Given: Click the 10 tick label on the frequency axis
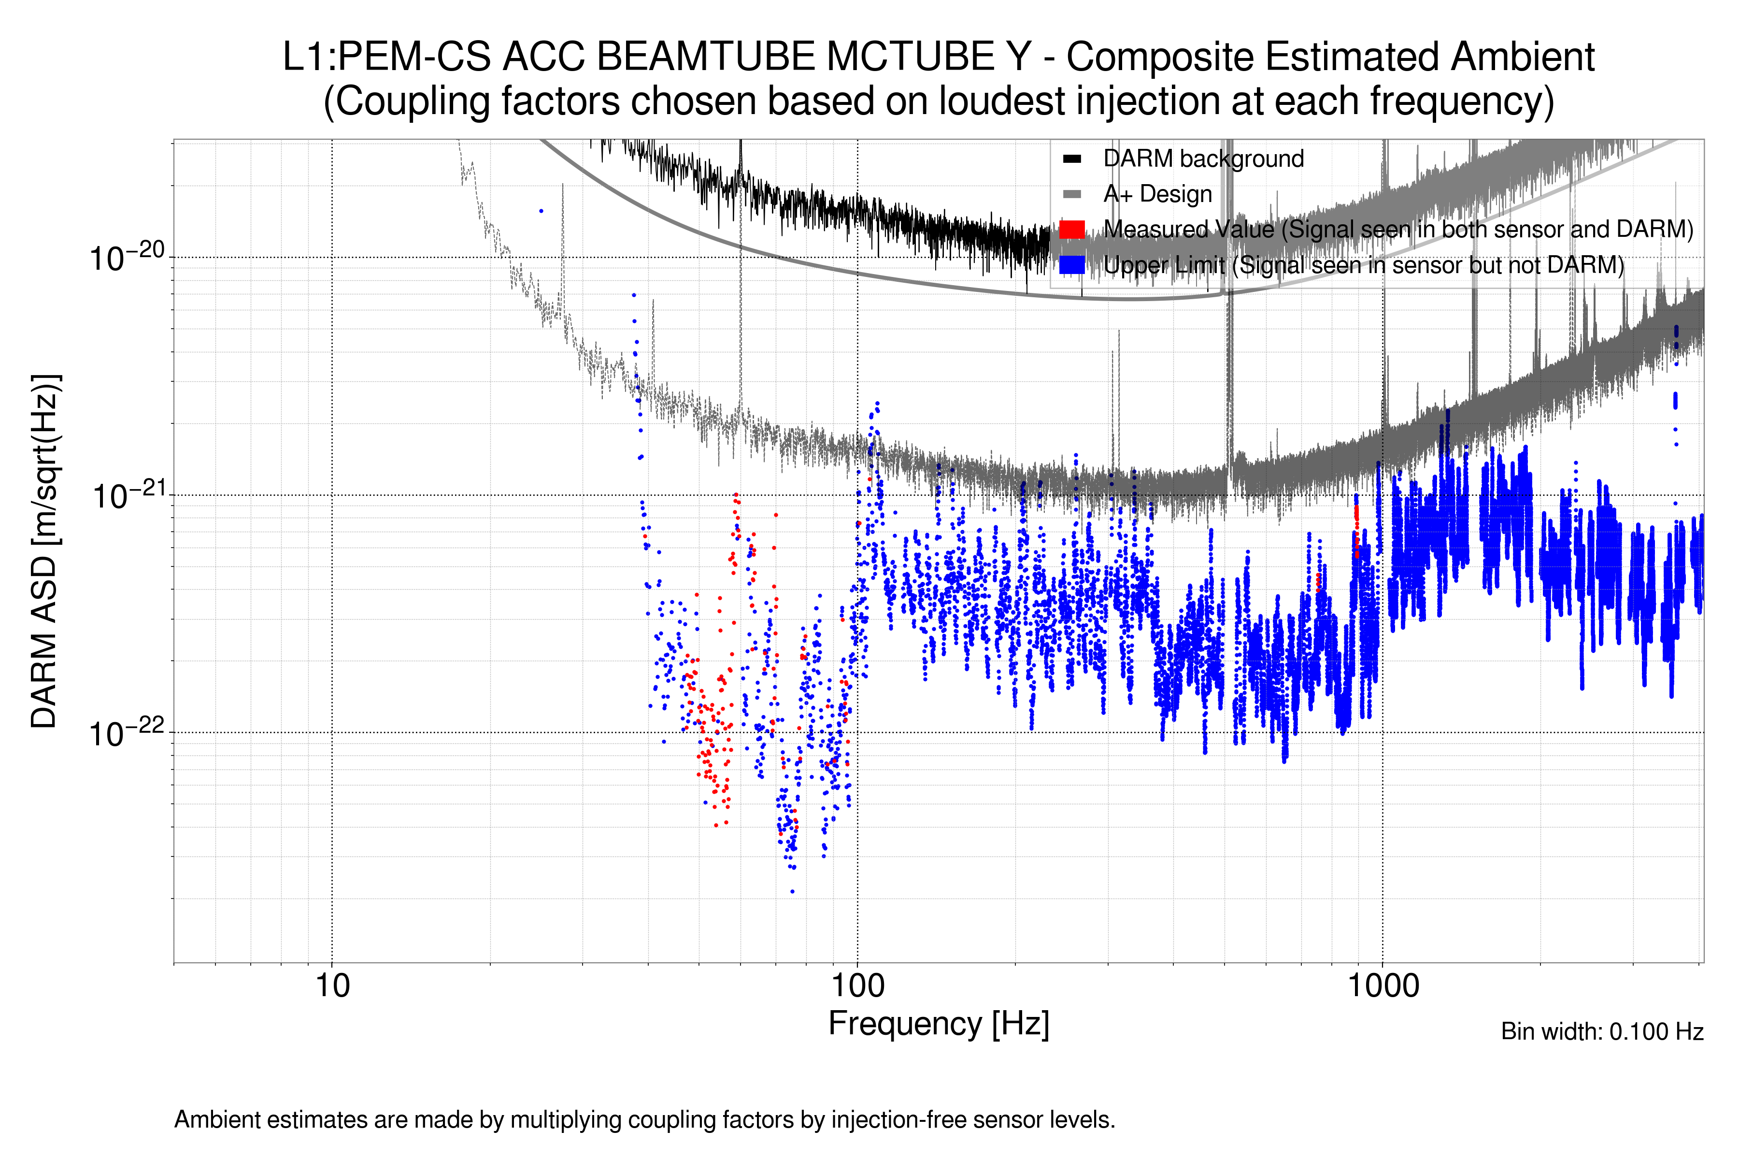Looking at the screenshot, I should pos(332,986).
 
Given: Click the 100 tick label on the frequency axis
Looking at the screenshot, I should pos(858,986).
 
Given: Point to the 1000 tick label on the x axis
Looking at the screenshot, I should pos(1383,986).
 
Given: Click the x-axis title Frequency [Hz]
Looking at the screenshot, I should pos(938,1024).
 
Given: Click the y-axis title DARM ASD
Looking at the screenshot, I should pos(44,551).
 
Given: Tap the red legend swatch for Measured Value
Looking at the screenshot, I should pos(1072,229).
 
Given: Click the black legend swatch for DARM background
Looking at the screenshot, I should pos(1072,159).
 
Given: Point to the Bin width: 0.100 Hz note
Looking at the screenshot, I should pos(1601,1031).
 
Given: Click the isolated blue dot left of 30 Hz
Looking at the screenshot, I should pos(541,211).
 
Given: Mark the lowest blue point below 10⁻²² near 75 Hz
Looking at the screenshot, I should pos(793,891).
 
